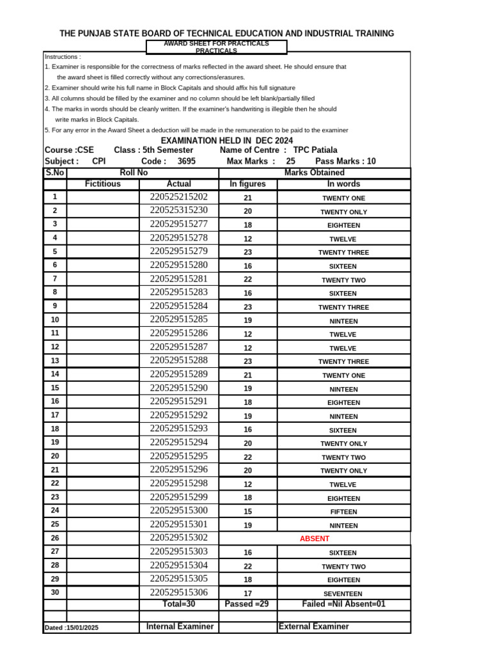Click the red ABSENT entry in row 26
click(x=315, y=539)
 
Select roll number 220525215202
click(x=179, y=197)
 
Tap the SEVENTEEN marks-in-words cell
click(x=343, y=594)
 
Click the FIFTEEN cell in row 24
click(x=343, y=512)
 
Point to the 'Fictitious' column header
click(x=102, y=184)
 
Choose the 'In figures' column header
click(x=247, y=184)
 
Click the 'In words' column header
click(x=343, y=184)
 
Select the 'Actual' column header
click(x=179, y=184)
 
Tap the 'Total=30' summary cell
click(x=179, y=604)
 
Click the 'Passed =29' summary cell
click(x=247, y=604)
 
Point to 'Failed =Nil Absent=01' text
click(x=343, y=604)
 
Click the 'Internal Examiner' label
click(x=180, y=627)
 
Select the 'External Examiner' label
click(x=314, y=627)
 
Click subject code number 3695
click(x=187, y=162)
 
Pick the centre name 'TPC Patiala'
click(x=315, y=150)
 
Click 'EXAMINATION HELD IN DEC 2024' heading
click(x=227, y=140)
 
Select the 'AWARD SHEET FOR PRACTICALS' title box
click(x=217, y=47)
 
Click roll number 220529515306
click(x=179, y=592)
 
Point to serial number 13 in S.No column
click(x=55, y=361)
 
